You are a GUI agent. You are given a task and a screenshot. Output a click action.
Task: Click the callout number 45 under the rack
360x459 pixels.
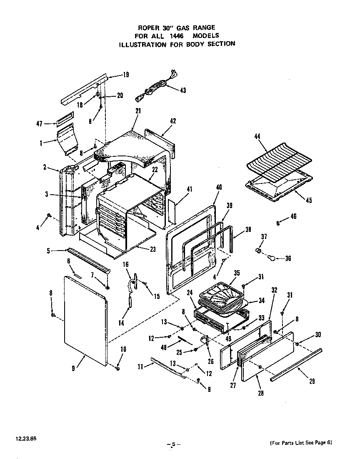click(x=308, y=200)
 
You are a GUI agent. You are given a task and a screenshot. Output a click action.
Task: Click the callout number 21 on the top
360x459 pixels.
click(x=138, y=111)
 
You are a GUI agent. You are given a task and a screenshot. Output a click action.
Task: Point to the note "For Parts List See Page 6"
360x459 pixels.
click(x=301, y=442)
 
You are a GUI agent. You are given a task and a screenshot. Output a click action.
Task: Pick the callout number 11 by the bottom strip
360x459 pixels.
click(x=140, y=366)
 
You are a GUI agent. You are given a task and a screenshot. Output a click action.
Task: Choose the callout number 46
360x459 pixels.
click(x=293, y=216)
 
